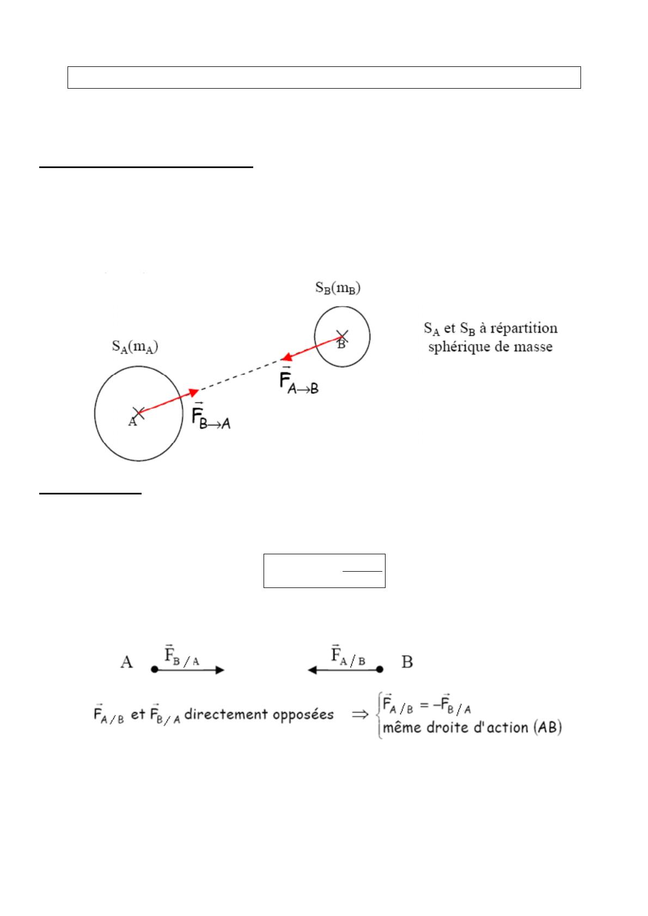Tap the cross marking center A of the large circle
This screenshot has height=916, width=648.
pos(138,412)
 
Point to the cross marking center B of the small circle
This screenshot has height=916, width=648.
pos(341,336)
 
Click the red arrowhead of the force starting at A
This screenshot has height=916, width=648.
pos(193,392)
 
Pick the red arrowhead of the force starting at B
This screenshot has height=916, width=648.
pos(286,357)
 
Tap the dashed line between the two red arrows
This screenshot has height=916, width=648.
pos(240,375)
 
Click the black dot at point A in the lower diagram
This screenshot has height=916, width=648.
pos(155,670)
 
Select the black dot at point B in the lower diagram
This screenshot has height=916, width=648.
pos(380,670)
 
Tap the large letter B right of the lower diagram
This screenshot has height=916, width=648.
pos(407,662)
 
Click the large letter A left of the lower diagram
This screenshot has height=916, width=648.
pos(126,662)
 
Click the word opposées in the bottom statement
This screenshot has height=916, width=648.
pos(304,714)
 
